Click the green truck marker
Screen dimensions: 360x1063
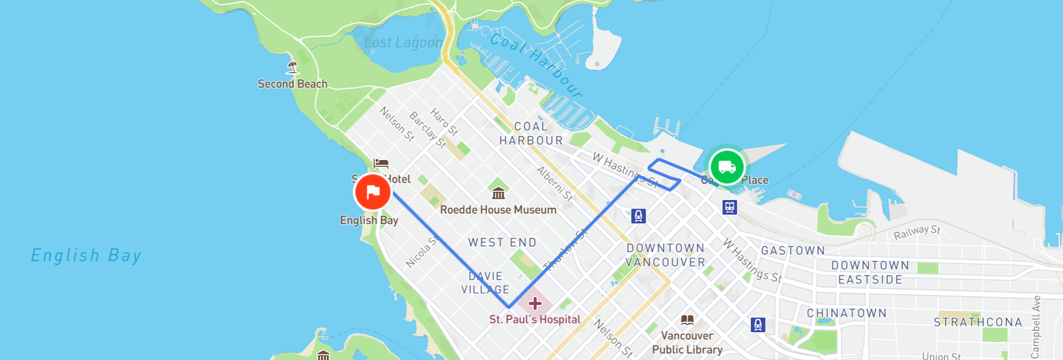(x=727, y=167)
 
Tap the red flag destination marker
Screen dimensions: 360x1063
(x=373, y=193)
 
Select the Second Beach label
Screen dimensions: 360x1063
(x=292, y=84)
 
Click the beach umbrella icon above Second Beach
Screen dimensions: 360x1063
(x=292, y=67)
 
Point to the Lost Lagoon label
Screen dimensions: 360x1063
(x=403, y=43)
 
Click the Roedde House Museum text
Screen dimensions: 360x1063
(x=498, y=210)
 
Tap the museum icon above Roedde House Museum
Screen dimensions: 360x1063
(x=498, y=193)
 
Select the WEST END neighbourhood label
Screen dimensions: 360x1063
(x=502, y=242)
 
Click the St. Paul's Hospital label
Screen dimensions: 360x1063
(x=535, y=319)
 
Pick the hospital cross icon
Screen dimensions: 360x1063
(x=535, y=304)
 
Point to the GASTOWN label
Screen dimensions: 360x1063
(x=793, y=250)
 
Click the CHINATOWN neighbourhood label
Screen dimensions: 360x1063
(x=846, y=313)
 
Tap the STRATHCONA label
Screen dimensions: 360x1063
(x=978, y=322)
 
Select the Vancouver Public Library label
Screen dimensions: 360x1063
(x=687, y=343)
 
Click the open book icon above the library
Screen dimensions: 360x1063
(x=687, y=320)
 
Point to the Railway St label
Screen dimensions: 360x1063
(x=917, y=232)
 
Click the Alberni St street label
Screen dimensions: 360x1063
(x=555, y=183)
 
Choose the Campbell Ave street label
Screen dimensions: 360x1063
(x=1035, y=327)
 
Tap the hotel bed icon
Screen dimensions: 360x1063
(x=381, y=163)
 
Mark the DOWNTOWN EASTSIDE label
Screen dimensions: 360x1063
(x=870, y=272)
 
